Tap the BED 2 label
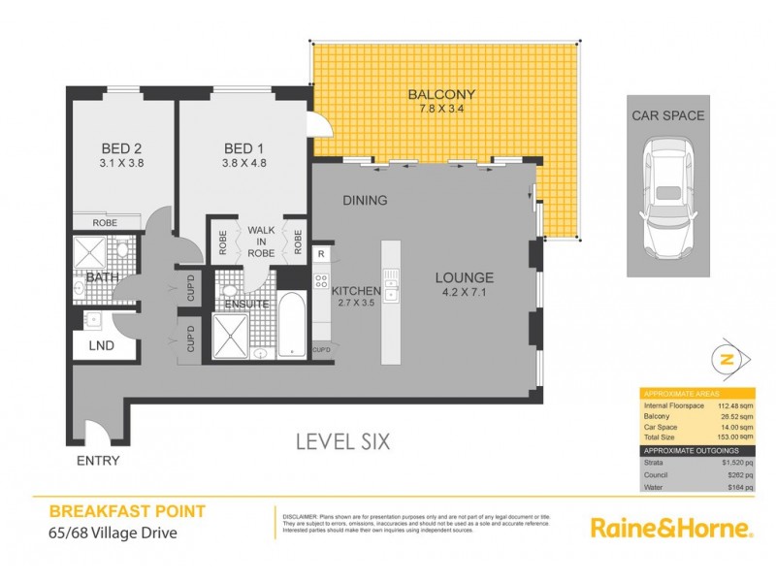(x=122, y=148)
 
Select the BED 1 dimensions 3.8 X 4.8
(x=244, y=164)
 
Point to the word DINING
(x=365, y=201)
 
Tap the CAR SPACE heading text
(x=668, y=115)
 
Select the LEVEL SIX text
(x=343, y=442)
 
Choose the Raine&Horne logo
(x=671, y=529)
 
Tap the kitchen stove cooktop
(x=321, y=282)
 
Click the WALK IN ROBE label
(x=261, y=242)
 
